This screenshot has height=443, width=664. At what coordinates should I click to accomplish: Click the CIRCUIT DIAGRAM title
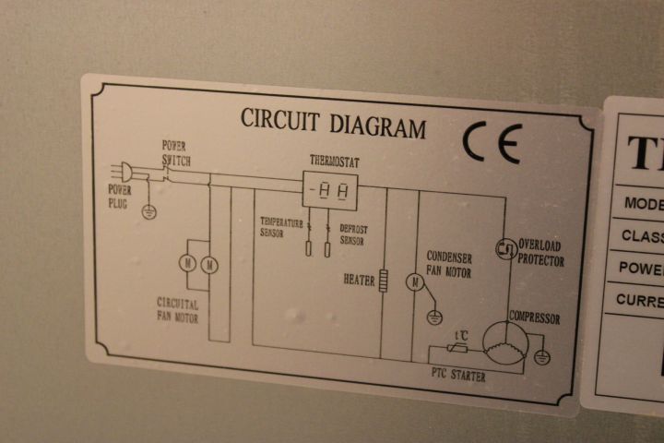(x=333, y=122)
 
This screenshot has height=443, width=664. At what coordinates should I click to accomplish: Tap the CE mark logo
(x=492, y=144)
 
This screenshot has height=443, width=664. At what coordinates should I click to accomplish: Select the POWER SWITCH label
(x=176, y=152)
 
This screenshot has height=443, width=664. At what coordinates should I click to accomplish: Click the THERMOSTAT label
(x=334, y=162)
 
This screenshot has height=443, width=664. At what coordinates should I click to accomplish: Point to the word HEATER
(x=359, y=279)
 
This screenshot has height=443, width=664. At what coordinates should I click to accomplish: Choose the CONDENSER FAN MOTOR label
(x=449, y=265)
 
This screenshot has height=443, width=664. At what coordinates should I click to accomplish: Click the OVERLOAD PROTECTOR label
(x=540, y=253)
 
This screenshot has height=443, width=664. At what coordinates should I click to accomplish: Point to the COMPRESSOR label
(x=535, y=318)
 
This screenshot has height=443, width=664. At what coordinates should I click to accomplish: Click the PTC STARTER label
(x=458, y=376)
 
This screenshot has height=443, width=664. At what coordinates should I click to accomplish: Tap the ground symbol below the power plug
(x=148, y=211)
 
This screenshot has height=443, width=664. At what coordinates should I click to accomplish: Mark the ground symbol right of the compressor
(x=542, y=355)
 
